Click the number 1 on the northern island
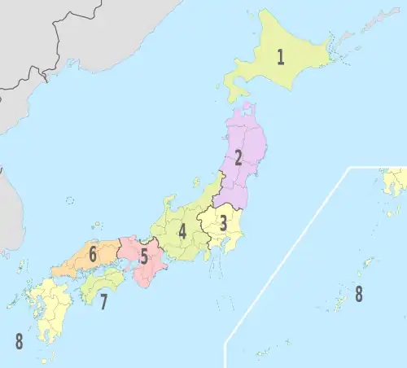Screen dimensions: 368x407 tap(280, 57)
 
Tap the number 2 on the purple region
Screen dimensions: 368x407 tap(239, 159)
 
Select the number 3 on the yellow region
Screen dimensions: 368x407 tap(223, 221)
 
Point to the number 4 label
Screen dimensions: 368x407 tap(182, 231)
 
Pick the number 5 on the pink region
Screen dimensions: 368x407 tap(144, 258)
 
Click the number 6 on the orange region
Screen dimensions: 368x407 tap(93, 255)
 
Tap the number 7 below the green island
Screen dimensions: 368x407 tap(103, 303)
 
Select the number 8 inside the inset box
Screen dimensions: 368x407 tap(358, 294)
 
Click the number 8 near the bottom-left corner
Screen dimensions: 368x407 tap(19, 341)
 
